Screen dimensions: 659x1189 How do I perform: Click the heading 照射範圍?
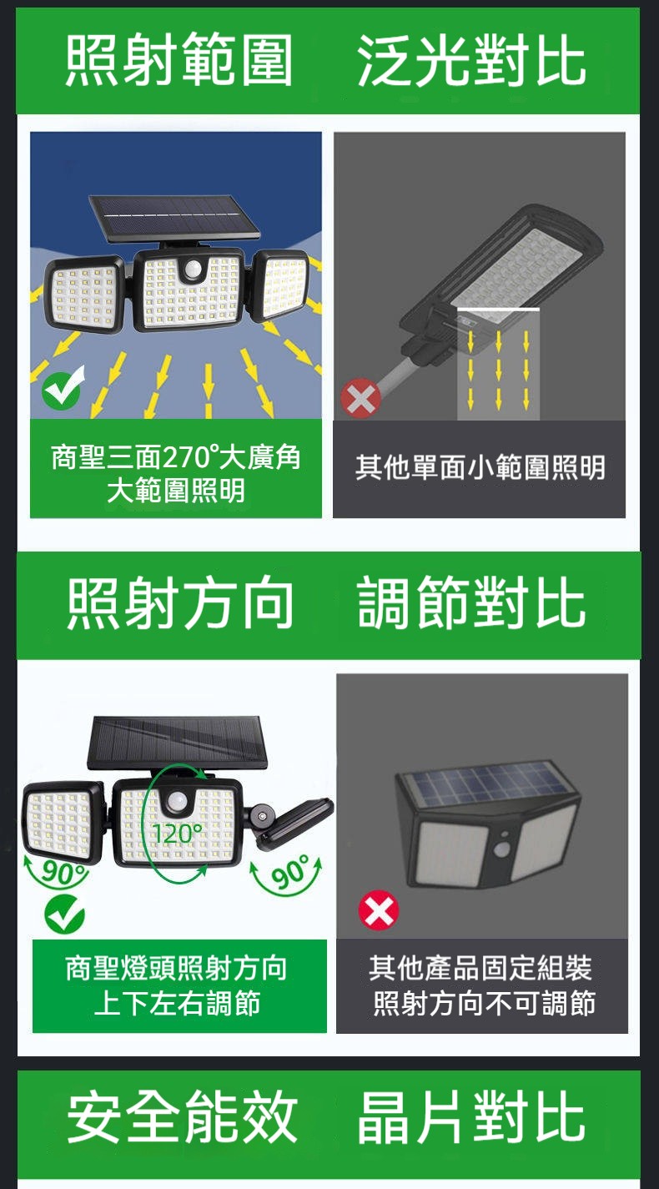tap(179, 59)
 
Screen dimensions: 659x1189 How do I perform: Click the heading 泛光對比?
tap(471, 59)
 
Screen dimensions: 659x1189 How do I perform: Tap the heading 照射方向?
tap(180, 603)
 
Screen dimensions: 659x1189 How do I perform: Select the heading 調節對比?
tap(471, 603)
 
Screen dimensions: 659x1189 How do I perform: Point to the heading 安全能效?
tap(182, 1116)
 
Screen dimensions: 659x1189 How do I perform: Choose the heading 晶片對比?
tap(471, 1116)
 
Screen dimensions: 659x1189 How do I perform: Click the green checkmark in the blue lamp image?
tap(63, 386)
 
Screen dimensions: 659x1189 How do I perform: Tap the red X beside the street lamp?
tap(361, 398)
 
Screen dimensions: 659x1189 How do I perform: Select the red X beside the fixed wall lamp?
tap(379, 910)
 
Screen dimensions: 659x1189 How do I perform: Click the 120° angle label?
tap(177, 834)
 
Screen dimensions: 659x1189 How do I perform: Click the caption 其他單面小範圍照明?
tap(480, 467)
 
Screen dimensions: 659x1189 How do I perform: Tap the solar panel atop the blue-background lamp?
tap(174, 217)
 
